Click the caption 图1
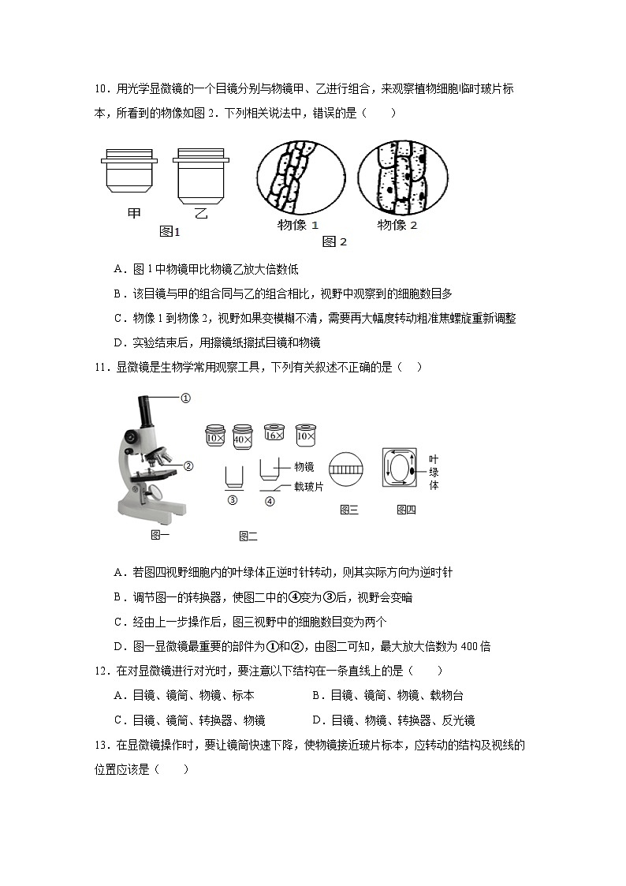point(170,232)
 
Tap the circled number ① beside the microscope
point(186,398)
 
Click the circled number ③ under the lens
point(232,499)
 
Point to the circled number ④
point(270,500)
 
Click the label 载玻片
point(308,487)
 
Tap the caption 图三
point(348,510)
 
